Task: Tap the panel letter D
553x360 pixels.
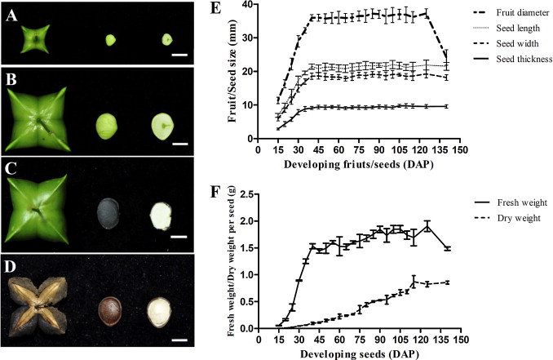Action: (x=11, y=266)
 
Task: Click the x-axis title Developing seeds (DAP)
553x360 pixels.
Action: (x=359, y=353)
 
